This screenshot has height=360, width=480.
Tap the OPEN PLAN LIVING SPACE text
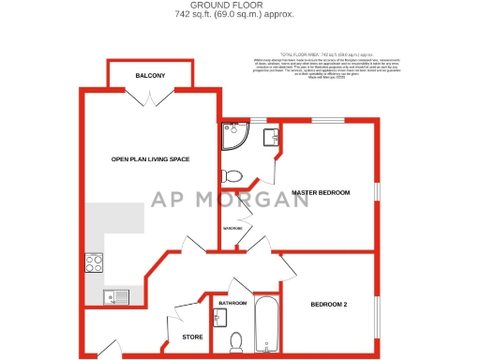coord(150,159)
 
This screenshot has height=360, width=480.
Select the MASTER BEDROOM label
coord(320,192)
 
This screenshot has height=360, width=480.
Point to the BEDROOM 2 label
coord(329,305)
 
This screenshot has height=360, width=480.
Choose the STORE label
coord(191,337)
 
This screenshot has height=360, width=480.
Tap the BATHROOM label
coord(232,304)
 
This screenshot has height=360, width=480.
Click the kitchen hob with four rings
coord(94,263)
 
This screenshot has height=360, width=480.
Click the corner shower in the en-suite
coord(231,138)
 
